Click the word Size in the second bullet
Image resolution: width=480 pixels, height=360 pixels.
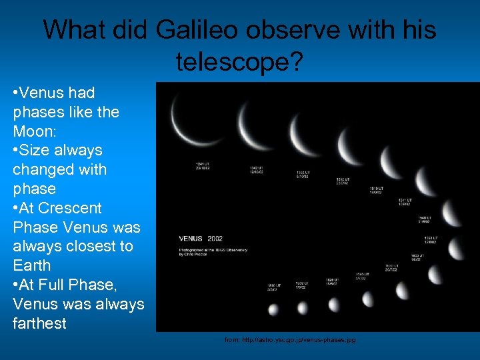pos(39,151)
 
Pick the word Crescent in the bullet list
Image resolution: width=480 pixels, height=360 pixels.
pos(69,208)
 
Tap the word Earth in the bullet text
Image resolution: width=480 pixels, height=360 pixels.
pos(31,265)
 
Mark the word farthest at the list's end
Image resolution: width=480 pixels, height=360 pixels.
pos(39,323)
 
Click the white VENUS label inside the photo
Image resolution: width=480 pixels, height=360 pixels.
pos(191,238)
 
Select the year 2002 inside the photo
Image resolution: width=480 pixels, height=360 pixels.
pos(215,238)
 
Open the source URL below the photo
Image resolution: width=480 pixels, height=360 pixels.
pos(290,340)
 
